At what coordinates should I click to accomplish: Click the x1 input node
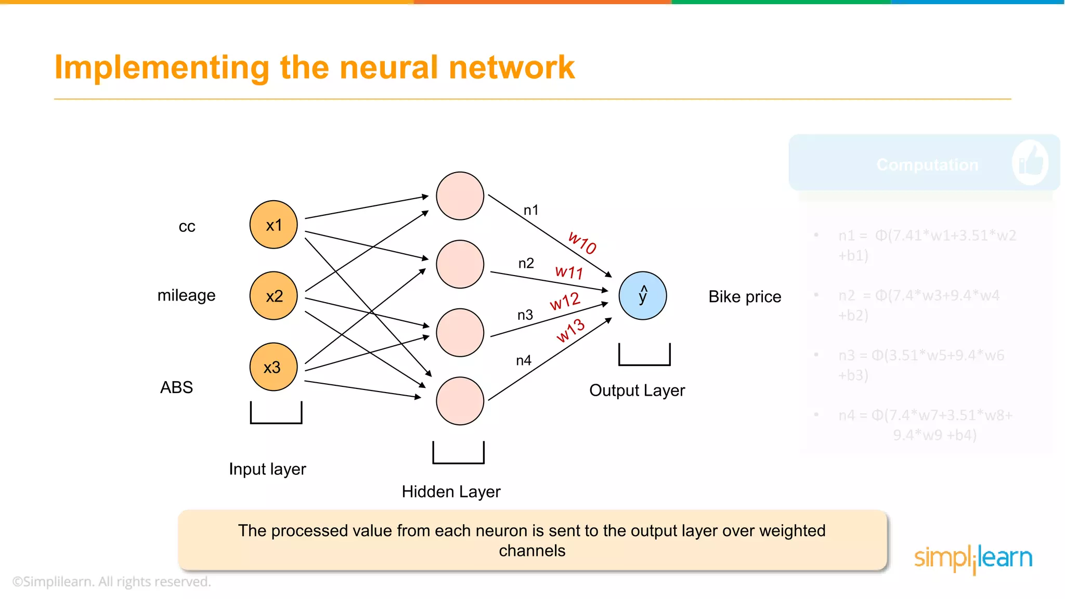pos(274,225)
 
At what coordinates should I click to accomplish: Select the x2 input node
pos(274,296)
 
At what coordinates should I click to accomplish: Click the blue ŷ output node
pos(643,295)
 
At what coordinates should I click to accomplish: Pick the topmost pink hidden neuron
pos(460,196)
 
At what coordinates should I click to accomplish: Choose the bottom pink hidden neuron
pos(460,401)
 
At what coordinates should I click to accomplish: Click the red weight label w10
pos(582,243)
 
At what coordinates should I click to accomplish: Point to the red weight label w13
pos(570,331)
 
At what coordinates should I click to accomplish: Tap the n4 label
pos(524,360)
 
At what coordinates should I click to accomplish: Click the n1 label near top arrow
pos(531,210)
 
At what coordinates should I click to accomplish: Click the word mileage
pos(186,295)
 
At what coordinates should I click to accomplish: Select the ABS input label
pos(176,387)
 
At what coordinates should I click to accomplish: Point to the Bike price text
pos(745,296)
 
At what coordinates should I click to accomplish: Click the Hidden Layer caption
pos(451,491)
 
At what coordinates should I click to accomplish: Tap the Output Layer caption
pos(637,390)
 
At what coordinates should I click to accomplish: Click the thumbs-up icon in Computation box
pos(1030,162)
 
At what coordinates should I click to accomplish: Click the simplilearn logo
pos(973,558)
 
